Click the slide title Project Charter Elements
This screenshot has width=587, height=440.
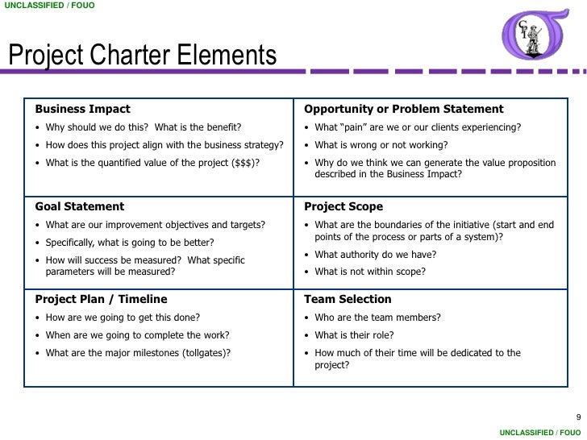coord(143,57)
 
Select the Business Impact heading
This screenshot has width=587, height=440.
coord(82,109)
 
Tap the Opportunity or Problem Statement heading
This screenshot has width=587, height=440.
coord(403,109)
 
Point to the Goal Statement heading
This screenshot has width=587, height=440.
coord(79,206)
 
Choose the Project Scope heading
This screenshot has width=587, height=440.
coord(343,206)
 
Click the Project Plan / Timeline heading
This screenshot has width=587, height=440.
coord(101,299)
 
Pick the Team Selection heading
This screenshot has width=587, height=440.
coord(348,299)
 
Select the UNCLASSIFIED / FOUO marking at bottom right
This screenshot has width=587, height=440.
coord(539,432)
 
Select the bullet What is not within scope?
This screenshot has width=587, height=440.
coord(370,272)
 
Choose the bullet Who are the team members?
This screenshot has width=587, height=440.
coord(377,317)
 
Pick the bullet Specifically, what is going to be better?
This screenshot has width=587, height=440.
coord(129,242)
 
